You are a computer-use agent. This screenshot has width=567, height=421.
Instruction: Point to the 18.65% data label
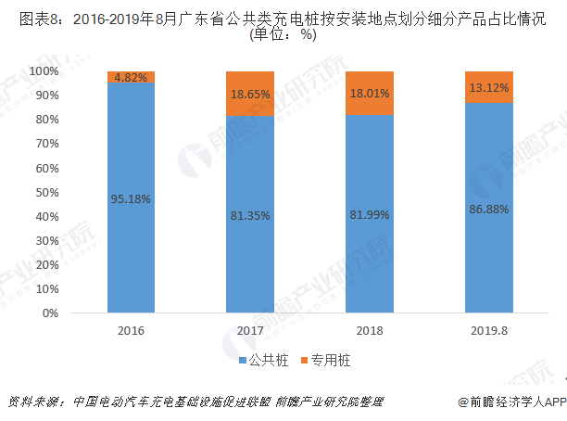249,94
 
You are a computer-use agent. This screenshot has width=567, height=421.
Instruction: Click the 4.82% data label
131,78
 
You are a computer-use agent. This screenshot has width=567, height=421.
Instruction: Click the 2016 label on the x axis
131,329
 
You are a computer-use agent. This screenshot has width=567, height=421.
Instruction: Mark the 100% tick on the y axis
44,71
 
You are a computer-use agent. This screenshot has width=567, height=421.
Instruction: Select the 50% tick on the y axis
47,192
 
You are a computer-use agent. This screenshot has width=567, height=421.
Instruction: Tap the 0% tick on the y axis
51,313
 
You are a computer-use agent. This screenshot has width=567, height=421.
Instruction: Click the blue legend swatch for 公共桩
240,358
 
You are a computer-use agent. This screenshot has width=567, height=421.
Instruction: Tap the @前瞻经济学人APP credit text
510,402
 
